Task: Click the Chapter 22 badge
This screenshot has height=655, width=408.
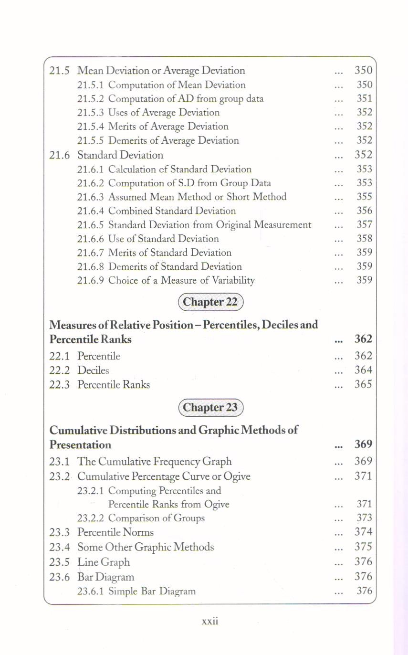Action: (210, 302)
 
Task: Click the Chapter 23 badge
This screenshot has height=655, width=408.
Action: (210, 408)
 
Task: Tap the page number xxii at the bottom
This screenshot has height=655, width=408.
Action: (210, 621)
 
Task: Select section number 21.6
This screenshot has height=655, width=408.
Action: (60, 155)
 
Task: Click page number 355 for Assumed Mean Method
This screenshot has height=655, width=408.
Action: (365, 197)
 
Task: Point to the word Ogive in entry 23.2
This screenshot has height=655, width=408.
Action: (237, 476)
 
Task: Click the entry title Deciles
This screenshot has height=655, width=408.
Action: (93, 370)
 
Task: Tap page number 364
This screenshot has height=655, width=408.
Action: (363, 370)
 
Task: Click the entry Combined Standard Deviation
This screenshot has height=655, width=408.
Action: (172, 211)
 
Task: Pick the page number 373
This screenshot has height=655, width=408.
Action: (365, 518)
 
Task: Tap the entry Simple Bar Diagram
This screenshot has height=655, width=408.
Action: (152, 592)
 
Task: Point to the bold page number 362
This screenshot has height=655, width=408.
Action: (363, 339)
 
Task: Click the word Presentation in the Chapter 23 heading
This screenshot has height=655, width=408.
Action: (81, 445)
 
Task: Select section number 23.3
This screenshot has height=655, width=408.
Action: (60, 532)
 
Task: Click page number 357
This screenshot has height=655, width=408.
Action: (365, 225)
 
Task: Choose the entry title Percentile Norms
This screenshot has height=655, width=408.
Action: (115, 532)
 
